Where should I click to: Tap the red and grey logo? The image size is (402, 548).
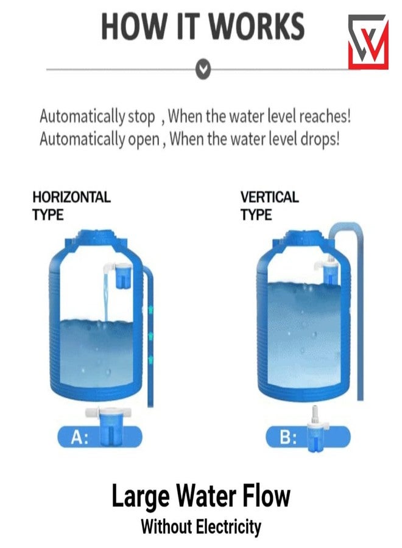[368, 41]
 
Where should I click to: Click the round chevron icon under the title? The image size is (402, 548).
[205, 69]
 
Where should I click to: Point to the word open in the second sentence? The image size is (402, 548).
[143, 139]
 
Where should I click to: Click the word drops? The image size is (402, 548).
[319, 139]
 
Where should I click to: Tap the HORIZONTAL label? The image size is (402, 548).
[71, 197]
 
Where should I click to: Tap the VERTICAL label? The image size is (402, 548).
[269, 197]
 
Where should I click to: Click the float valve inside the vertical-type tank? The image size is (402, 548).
[330, 270]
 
